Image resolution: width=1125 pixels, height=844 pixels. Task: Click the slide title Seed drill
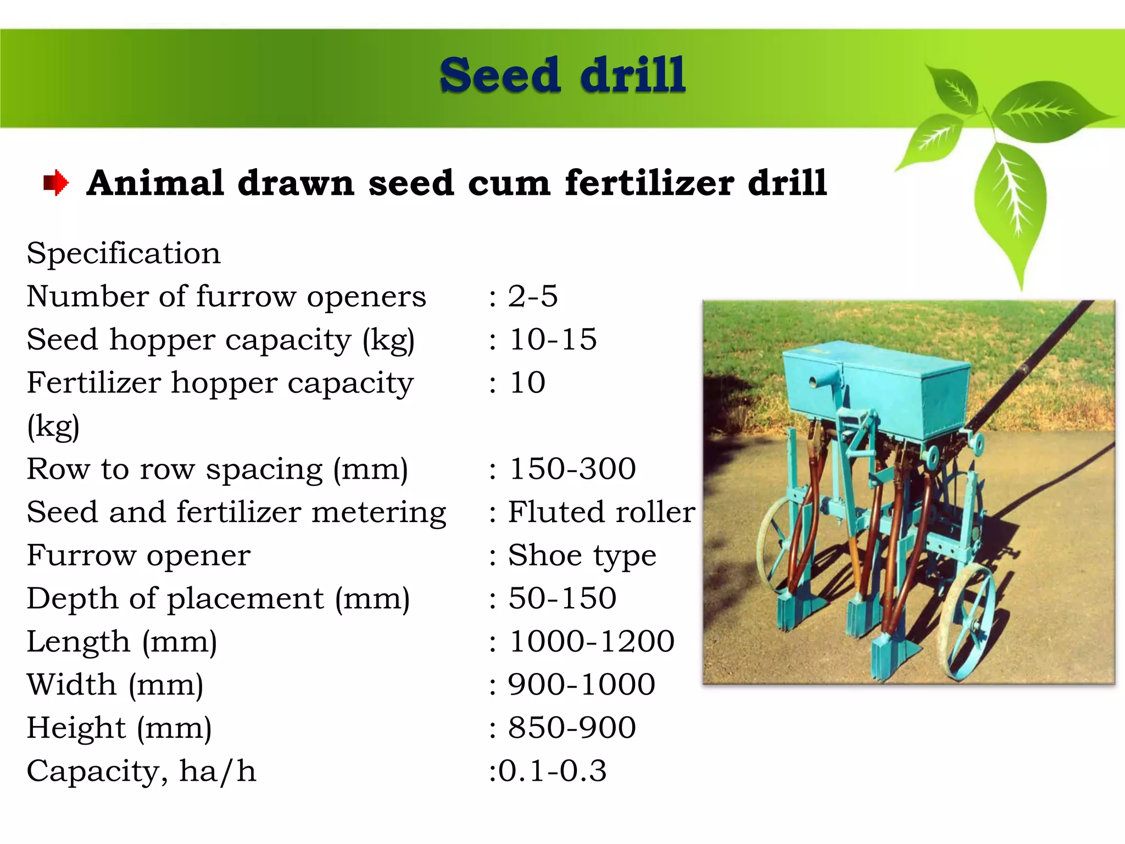(562, 75)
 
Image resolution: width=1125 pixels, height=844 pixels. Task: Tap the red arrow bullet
(56, 182)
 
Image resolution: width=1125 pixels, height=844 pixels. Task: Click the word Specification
(124, 253)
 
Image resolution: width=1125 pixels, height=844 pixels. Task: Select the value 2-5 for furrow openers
(532, 297)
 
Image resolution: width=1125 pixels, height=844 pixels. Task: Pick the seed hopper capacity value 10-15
(553, 340)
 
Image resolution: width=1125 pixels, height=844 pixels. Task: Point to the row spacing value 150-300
(572, 469)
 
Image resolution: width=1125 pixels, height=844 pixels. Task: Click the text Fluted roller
(601, 512)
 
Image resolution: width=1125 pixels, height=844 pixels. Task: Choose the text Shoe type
(582, 556)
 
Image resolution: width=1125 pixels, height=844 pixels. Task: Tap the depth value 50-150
(562, 598)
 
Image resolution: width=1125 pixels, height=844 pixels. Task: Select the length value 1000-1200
(592, 642)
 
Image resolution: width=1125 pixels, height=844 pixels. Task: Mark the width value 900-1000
(581, 685)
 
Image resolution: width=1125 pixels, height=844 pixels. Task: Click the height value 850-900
(572, 728)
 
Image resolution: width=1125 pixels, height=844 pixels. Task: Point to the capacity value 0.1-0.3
(552, 771)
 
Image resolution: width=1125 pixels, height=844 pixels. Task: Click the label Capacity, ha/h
(141, 771)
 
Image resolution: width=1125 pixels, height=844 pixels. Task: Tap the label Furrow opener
(138, 556)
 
